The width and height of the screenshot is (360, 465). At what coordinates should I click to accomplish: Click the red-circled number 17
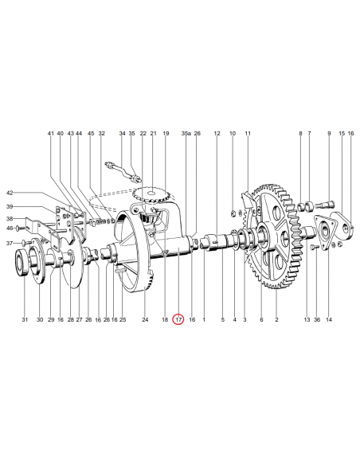click(178, 319)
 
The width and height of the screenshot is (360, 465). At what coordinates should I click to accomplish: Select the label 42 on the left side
click(10, 193)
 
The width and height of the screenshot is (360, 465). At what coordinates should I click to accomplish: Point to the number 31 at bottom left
click(25, 319)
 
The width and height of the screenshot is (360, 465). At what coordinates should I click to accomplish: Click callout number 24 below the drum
click(145, 319)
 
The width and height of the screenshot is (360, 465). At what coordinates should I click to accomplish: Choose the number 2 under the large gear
click(276, 319)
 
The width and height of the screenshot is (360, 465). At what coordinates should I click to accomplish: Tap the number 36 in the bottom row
click(316, 319)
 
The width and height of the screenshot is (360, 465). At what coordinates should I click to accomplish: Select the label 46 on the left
click(10, 229)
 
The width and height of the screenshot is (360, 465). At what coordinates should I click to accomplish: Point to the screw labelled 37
click(25, 242)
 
